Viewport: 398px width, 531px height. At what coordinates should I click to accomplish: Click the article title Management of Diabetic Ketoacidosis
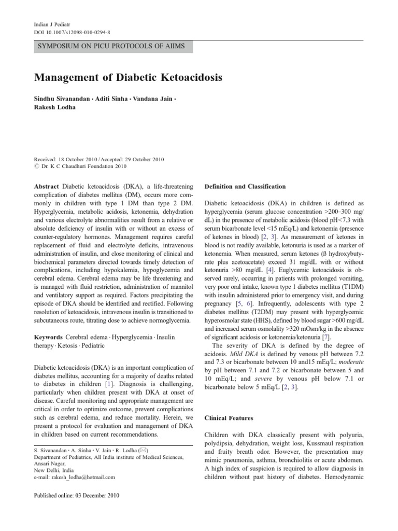click(128, 78)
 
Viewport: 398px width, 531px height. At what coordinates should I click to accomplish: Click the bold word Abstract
click(47, 186)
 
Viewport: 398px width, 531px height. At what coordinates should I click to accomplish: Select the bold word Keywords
click(50, 337)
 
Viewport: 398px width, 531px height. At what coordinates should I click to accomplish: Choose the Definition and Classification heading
click(245, 186)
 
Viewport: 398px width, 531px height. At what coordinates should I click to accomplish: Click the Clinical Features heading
click(229, 417)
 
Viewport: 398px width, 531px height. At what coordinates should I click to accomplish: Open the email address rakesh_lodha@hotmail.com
click(83, 477)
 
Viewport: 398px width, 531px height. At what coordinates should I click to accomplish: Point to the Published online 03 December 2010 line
click(76, 496)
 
